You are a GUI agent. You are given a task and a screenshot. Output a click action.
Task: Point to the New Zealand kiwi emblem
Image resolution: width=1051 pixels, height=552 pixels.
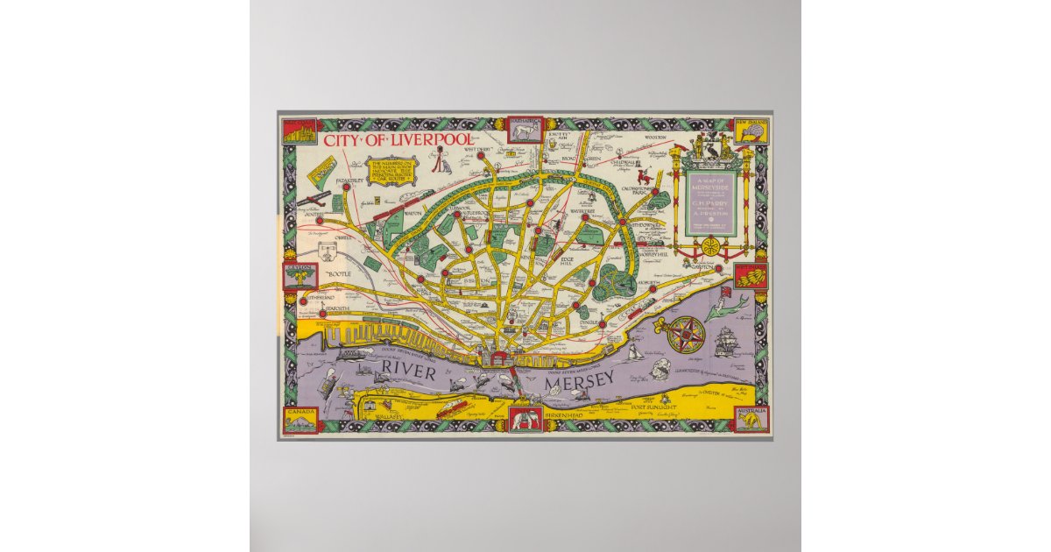[x=751, y=133]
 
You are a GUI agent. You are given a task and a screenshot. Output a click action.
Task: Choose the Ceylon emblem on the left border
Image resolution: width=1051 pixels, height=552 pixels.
[x=300, y=276]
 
